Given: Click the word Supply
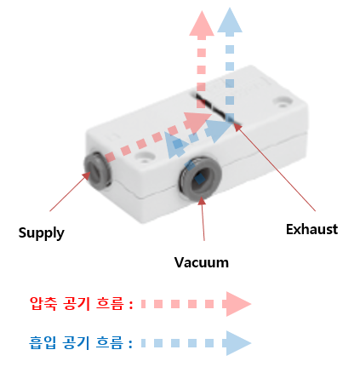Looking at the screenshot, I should click(x=41, y=232).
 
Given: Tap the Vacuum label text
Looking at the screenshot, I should click(x=201, y=261).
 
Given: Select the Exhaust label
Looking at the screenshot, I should click(x=311, y=228).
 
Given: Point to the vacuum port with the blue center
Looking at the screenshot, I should click(x=201, y=177).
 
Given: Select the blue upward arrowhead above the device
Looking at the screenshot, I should click(x=229, y=24).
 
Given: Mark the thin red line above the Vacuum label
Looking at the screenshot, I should click(x=204, y=223).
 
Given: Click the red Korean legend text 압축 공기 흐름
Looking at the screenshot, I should click(x=81, y=303).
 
